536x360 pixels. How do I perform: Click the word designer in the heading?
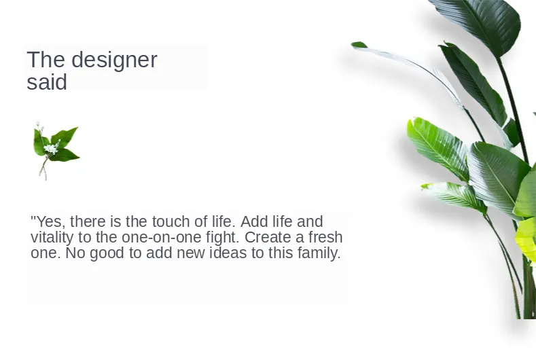pyautogui.click(x=114, y=60)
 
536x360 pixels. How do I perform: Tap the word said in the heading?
pyautogui.click(x=47, y=82)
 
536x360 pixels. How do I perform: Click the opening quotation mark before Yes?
pyautogui.click(x=33, y=218)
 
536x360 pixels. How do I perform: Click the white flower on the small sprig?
pyautogui.click(x=51, y=149)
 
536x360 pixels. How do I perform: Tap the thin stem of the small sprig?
pyautogui.click(x=43, y=168)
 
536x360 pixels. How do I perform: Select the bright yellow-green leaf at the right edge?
pyautogui.click(x=527, y=239)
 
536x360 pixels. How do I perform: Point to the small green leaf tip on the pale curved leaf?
pyautogui.click(x=359, y=45)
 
